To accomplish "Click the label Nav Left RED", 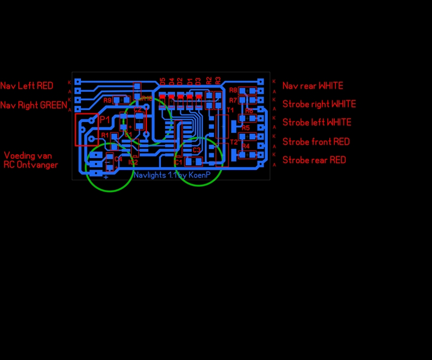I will pyautogui.click(x=26, y=86).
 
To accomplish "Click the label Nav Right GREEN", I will pyautogui.click(x=34, y=105).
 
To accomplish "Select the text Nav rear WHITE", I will pyautogui.click(x=313, y=86).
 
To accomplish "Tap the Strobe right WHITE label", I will pyautogui.click(x=319, y=104).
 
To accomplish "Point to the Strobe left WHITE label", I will pyautogui.click(x=317, y=123).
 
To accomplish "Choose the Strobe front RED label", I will pyautogui.click(x=316, y=142).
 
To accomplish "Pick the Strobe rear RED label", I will pyautogui.click(x=314, y=160).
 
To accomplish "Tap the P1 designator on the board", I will pyautogui.click(x=105, y=119).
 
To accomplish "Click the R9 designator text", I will pyautogui.click(x=107, y=100).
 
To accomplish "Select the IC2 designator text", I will pyautogui.click(x=133, y=162).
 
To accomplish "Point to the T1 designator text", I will pyautogui.click(x=230, y=110).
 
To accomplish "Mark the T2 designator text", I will pyautogui.click(x=234, y=142).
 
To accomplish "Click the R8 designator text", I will pyautogui.click(x=233, y=90).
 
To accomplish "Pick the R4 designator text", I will pyautogui.click(x=246, y=146).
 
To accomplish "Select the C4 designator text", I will pyautogui.click(x=118, y=159).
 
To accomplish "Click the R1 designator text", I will pyautogui.click(x=105, y=135).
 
